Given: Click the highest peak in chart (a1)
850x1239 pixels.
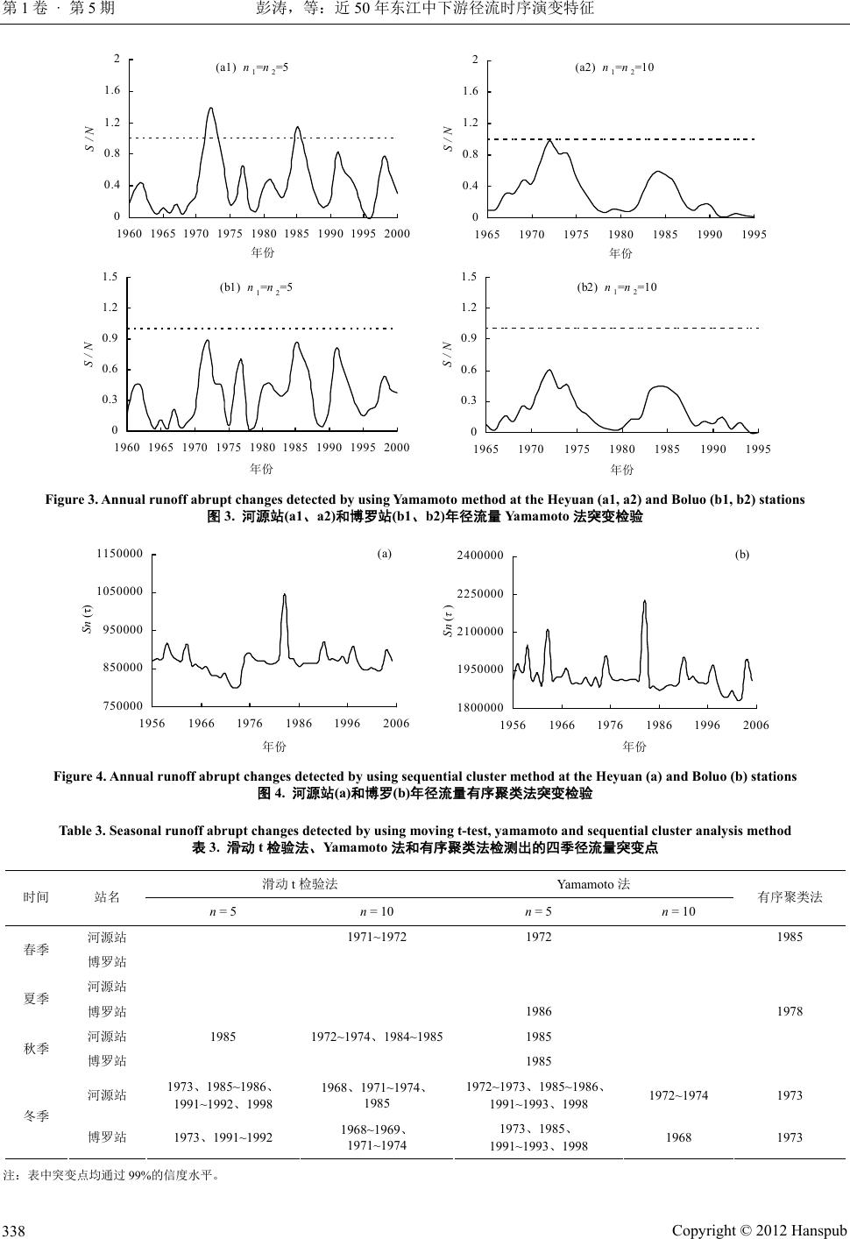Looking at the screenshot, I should click(210, 109).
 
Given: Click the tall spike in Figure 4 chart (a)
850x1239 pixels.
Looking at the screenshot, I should click(284, 595).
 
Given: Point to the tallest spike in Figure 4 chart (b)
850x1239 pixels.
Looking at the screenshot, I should click(644, 601).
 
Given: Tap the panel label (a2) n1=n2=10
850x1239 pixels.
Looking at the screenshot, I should click(614, 67).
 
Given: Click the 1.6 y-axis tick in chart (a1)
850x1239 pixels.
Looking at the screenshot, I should click(112, 91).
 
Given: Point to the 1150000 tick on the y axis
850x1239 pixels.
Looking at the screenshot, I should click(120, 554).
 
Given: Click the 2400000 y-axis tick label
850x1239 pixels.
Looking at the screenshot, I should click(481, 556).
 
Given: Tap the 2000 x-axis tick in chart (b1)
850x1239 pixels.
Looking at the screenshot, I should click(397, 447).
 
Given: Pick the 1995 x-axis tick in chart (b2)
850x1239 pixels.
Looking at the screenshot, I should click(758, 449).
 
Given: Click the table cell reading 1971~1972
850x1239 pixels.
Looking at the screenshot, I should click(377, 937).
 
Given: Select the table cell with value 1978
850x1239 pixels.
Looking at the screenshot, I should click(790, 1011).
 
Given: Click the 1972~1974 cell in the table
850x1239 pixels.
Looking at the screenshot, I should click(679, 1095).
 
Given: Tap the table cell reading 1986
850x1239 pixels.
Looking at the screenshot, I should click(538, 1011).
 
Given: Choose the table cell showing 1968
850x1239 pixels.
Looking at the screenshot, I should click(679, 1137).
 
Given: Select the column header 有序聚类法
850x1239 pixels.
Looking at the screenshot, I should click(790, 897).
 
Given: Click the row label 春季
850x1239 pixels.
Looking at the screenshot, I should click(37, 949).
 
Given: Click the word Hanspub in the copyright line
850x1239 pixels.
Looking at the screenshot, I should click(818, 1231).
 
